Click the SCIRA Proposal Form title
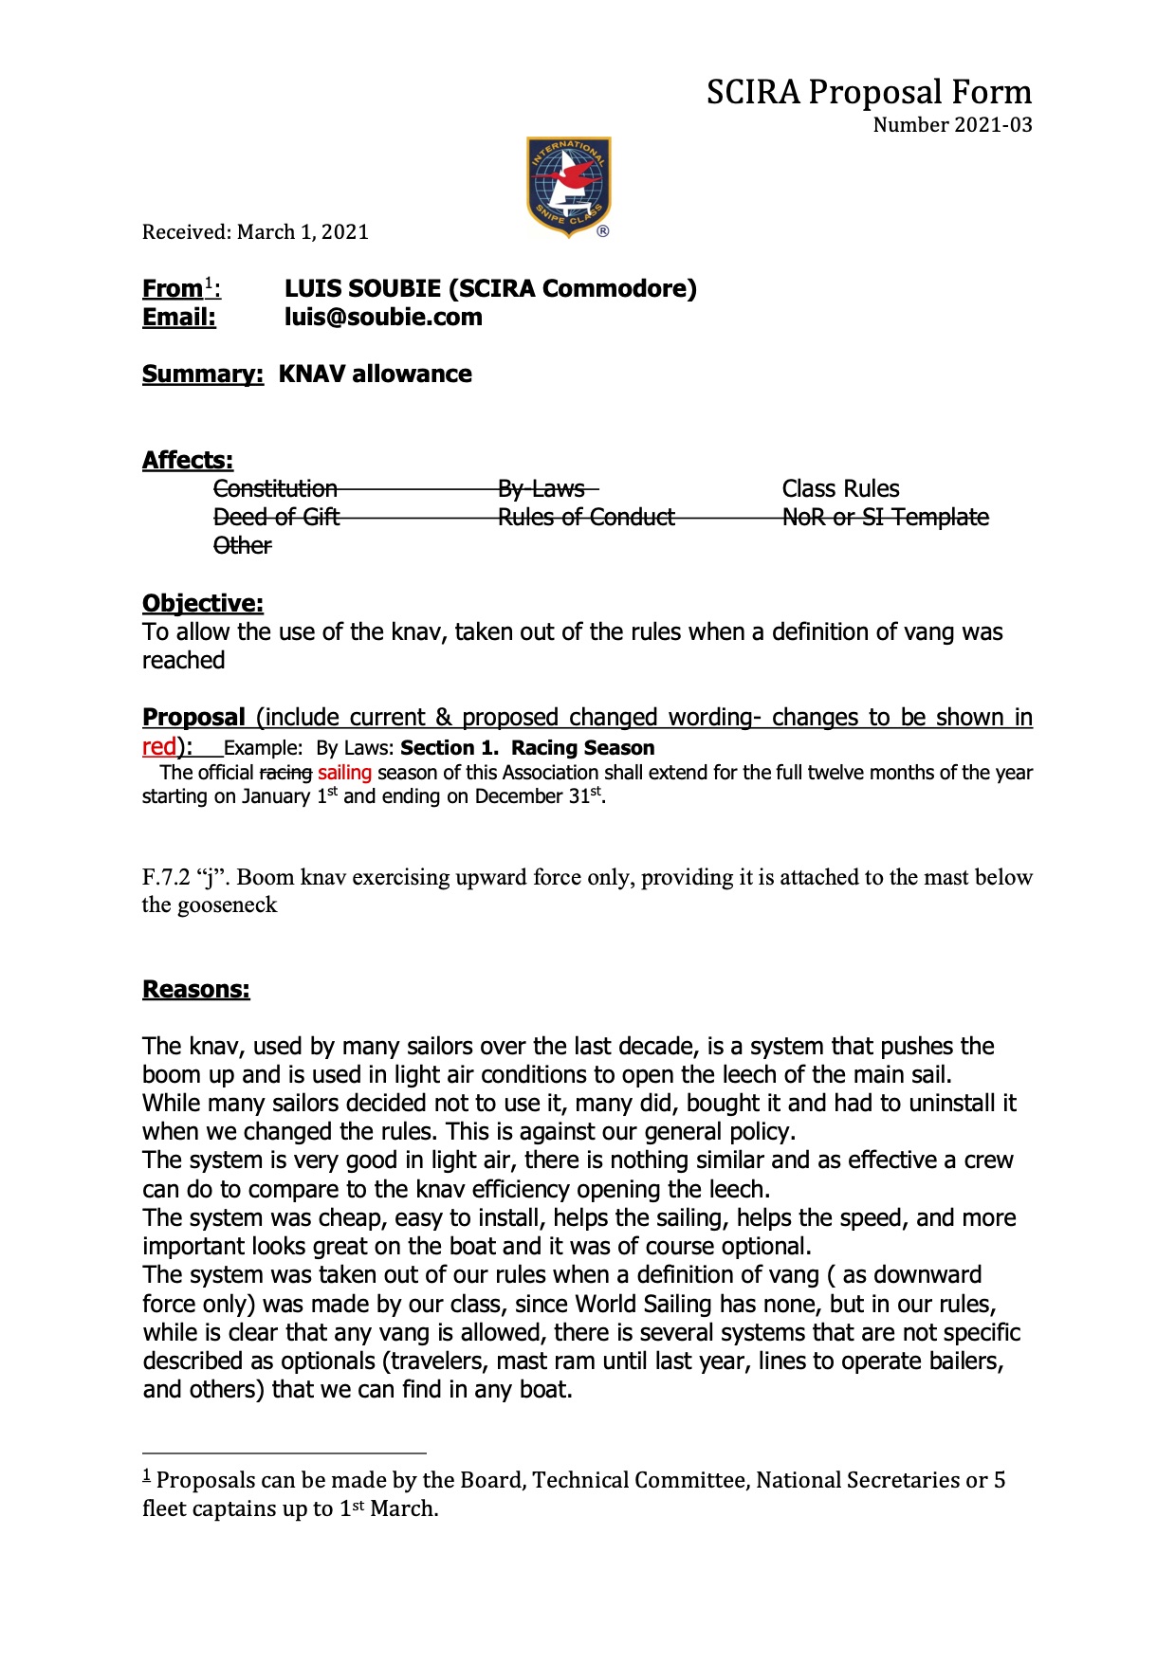point(869,92)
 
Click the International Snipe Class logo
point(568,187)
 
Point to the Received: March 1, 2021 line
point(255,232)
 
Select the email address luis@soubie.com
point(383,318)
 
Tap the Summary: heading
point(202,375)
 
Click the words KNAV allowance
point(375,375)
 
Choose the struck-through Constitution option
point(275,489)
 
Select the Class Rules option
point(840,489)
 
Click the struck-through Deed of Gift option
point(276,518)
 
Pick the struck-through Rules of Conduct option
point(586,518)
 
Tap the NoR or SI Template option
point(885,518)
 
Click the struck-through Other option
point(243,546)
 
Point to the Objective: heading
point(203,604)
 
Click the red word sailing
point(344,773)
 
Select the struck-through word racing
point(285,773)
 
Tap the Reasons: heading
point(196,990)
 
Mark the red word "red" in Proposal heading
point(159,746)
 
